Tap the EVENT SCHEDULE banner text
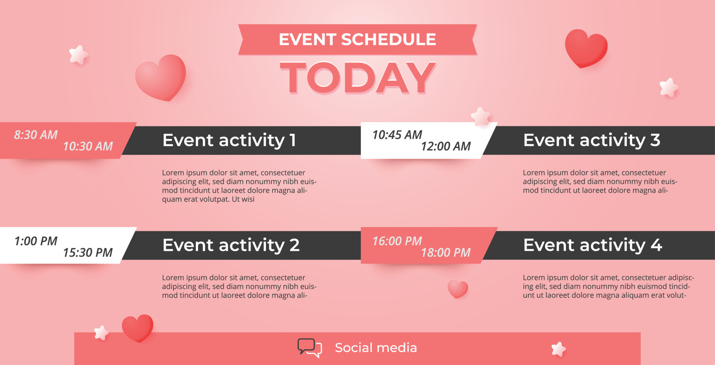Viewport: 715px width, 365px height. pyautogui.click(x=357, y=39)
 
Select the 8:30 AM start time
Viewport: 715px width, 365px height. pyautogui.click(x=36, y=135)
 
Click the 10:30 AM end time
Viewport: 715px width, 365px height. pyautogui.click(x=88, y=146)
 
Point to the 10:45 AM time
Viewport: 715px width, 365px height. pyautogui.click(x=397, y=135)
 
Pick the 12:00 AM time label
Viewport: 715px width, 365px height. pyautogui.click(x=446, y=146)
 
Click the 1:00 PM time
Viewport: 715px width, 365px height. pyautogui.click(x=36, y=241)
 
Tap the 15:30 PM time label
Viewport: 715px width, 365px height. pyautogui.click(x=88, y=253)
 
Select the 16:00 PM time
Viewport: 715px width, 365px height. pyautogui.click(x=397, y=241)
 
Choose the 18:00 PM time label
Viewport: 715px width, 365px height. pyautogui.click(x=446, y=253)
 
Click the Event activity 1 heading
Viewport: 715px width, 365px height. pyautogui.click(x=229, y=140)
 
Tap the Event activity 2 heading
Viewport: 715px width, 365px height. pyautogui.click(x=231, y=245)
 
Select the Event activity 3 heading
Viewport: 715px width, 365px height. pyautogui.click(x=591, y=140)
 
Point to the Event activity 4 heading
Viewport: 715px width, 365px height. pyautogui.click(x=592, y=245)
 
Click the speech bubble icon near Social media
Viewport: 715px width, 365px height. pyautogui.click(x=309, y=348)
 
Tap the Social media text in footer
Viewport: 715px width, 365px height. pyautogui.click(x=376, y=348)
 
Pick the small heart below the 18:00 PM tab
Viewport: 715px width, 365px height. pyautogui.click(x=458, y=289)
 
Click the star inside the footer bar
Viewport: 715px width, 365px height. pyautogui.click(x=558, y=349)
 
